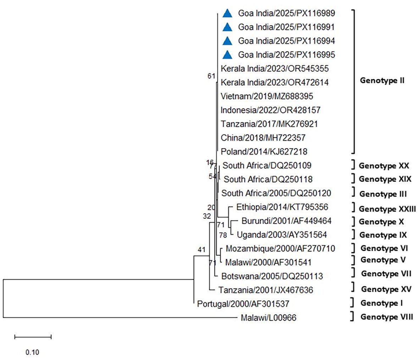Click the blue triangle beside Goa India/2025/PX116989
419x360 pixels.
coord(227,13)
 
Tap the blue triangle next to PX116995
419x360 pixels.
coord(227,55)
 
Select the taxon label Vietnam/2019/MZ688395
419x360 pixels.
coord(267,96)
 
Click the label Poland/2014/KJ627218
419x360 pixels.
coord(264,151)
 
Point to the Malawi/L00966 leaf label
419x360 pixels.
coord(268,318)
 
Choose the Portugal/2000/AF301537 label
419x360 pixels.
coord(243,304)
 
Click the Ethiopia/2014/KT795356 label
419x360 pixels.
coord(282,207)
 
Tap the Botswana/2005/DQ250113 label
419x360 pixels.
coord(272,276)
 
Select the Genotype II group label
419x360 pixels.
coord(382,80)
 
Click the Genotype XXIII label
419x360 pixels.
coord(387,209)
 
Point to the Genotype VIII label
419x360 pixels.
coord(386,317)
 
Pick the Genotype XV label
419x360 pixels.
coord(386,289)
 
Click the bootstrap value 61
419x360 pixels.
coord(211,76)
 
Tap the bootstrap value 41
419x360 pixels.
coord(202,250)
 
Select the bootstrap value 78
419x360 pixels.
coord(223,235)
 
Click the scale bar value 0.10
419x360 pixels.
coord(32,352)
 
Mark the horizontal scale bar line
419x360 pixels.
coord(33,337)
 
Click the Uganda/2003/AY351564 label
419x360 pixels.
coord(282,234)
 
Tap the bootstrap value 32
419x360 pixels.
coord(207,216)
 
